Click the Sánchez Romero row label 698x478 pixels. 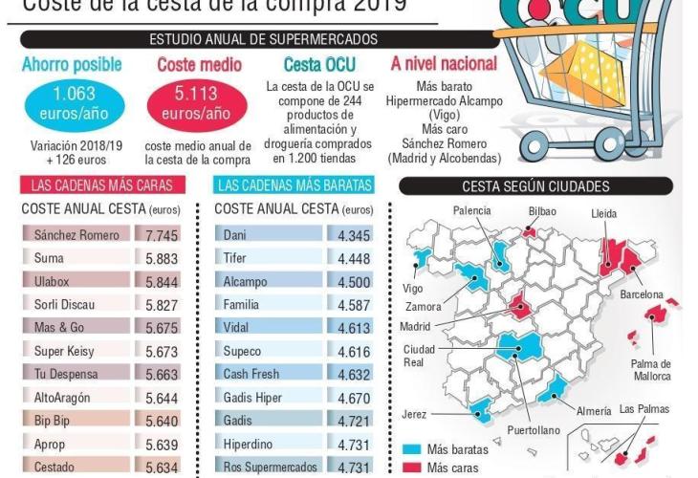click(x=76, y=235)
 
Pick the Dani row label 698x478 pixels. click(x=235, y=235)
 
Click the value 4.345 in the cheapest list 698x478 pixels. click(x=355, y=235)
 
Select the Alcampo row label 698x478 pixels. click(x=245, y=282)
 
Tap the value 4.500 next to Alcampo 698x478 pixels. click(x=355, y=282)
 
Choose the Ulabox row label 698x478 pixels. click(x=53, y=282)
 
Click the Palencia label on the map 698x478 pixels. click(x=472, y=210)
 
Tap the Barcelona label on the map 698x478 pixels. click(x=641, y=295)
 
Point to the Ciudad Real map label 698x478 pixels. click(x=422, y=356)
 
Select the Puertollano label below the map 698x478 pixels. click(x=534, y=430)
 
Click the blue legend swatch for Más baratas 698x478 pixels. click(x=412, y=449)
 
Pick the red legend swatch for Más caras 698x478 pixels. click(x=412, y=467)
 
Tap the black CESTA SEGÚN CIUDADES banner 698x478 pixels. click(x=535, y=186)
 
